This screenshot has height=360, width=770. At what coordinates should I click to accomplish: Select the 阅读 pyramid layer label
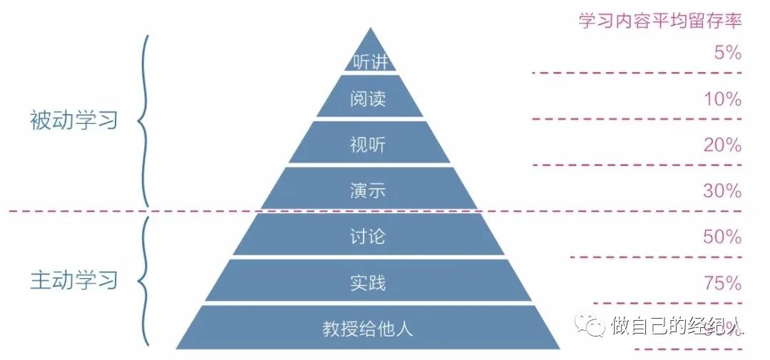(368, 98)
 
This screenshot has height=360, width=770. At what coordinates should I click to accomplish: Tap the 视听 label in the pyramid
(368, 145)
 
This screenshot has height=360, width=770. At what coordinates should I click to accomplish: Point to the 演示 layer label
(368, 190)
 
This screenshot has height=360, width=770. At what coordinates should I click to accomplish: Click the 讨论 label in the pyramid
(368, 236)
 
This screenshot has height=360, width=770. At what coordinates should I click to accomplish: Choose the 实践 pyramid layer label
(368, 282)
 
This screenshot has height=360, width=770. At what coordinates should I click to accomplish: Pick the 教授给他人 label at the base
(368, 329)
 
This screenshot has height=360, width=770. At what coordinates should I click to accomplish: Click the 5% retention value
(727, 53)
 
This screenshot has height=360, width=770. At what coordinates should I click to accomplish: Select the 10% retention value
(723, 99)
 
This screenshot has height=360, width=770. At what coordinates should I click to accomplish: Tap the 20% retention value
(723, 145)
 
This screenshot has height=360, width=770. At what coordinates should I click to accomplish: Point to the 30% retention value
(723, 191)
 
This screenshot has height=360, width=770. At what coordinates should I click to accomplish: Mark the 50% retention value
(723, 237)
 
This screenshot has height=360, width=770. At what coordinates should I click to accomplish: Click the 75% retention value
(723, 283)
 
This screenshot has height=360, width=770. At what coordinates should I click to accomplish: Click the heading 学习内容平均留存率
(660, 20)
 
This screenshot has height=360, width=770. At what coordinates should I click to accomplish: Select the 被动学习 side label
(73, 120)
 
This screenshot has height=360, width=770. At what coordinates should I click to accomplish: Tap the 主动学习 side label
(73, 280)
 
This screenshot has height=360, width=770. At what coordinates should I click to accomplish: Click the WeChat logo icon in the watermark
(593, 326)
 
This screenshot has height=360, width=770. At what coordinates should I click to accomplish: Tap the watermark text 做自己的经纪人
(677, 326)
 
